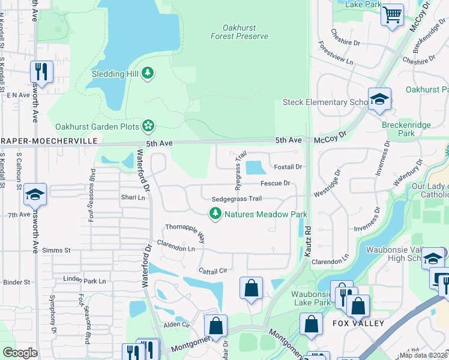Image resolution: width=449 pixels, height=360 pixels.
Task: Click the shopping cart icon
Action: [x=392, y=14]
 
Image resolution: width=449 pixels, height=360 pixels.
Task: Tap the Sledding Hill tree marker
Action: [x=148, y=74]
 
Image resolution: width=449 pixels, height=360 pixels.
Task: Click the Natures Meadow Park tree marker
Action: [x=215, y=214]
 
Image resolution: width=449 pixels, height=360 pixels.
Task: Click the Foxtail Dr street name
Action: [x=287, y=167]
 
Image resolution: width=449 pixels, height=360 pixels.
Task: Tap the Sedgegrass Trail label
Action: [x=237, y=199]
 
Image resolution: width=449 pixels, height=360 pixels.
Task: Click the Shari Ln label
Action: [x=133, y=197]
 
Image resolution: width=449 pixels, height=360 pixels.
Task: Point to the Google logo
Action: [x=20, y=353]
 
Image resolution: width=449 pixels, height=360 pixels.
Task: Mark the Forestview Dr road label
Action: [x=339, y=55]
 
